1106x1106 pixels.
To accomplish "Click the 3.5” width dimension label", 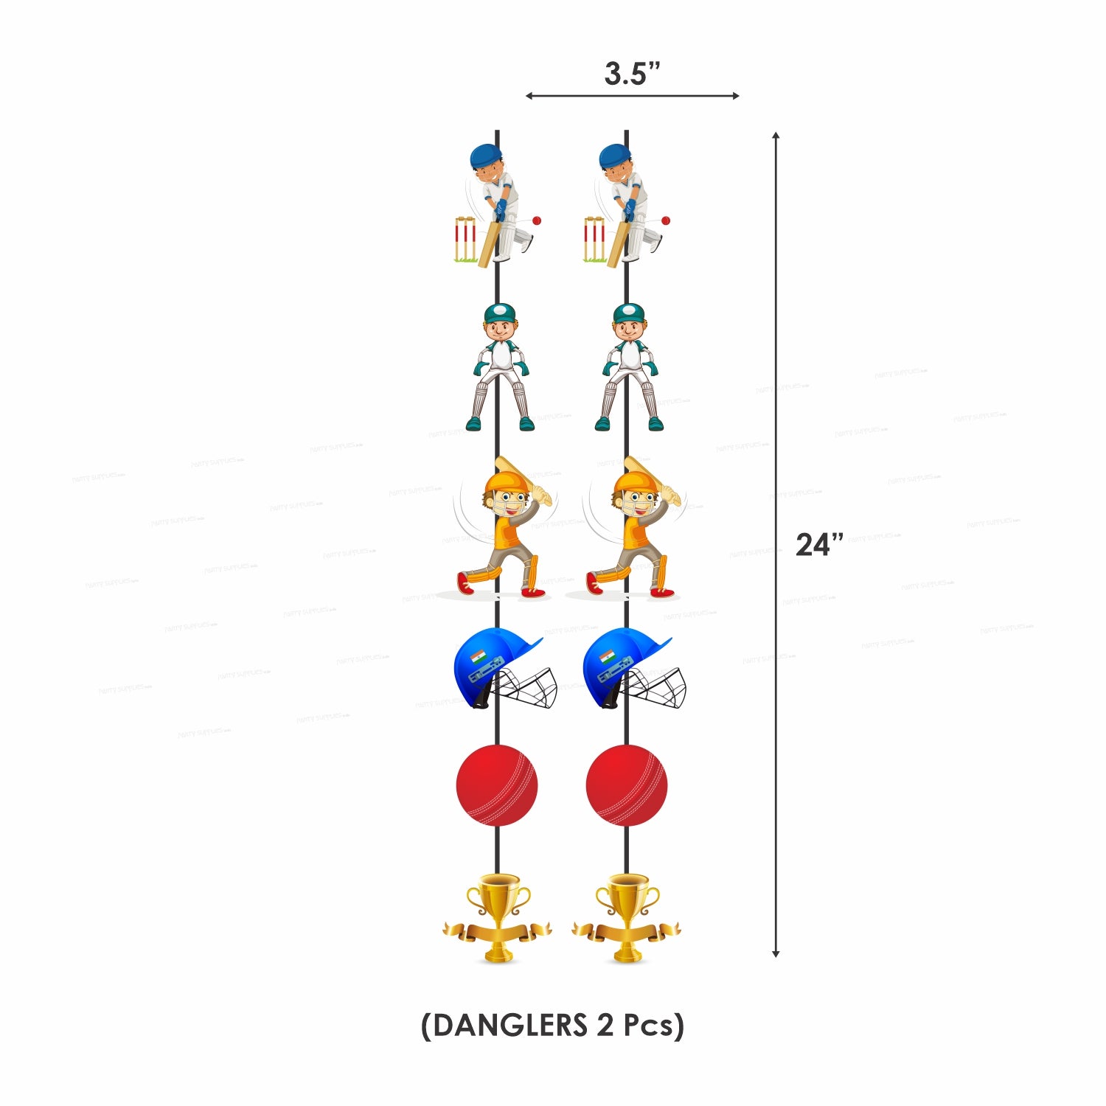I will [632, 74].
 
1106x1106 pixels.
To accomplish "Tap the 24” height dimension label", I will [819, 545].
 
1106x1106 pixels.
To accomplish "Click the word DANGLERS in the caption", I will [509, 1026].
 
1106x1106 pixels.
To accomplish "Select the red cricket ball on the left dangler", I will [497, 785].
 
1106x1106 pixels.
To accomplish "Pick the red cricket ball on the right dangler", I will [627, 785].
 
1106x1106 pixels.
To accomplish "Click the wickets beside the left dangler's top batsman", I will [465, 240].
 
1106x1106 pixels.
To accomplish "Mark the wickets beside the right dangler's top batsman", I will [594, 240].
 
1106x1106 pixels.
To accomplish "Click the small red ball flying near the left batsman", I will [537, 220].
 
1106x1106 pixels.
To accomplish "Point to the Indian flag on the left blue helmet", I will [479, 655].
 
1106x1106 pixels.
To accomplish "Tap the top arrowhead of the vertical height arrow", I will [776, 136].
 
